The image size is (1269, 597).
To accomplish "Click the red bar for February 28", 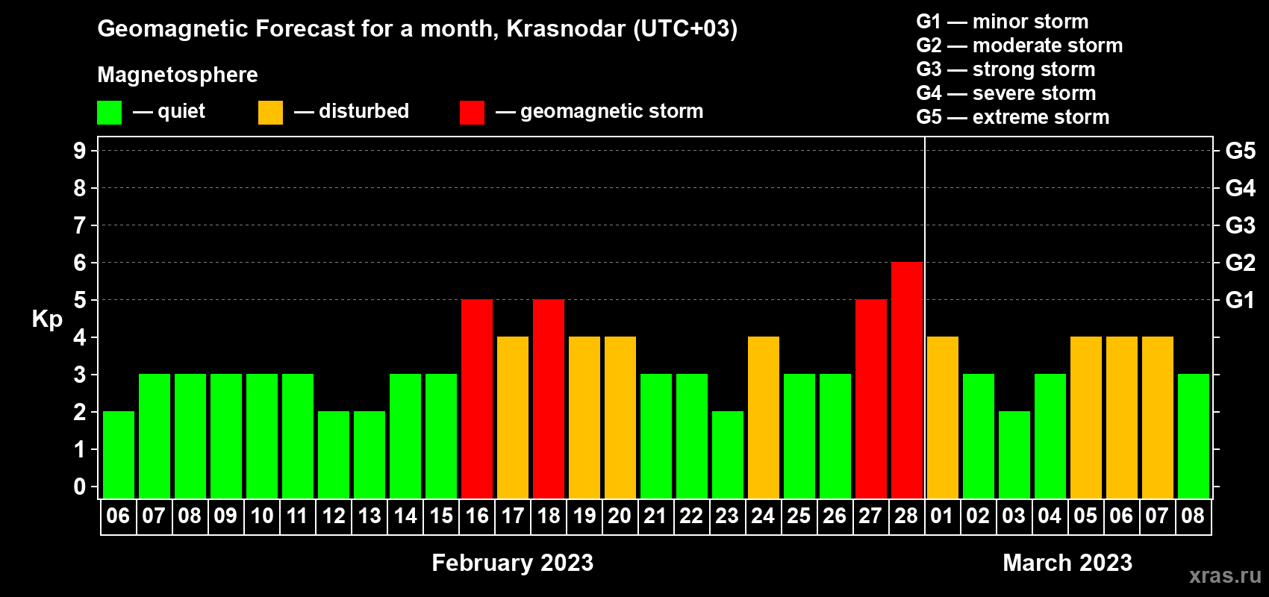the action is click(907, 380).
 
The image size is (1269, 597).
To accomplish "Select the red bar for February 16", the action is click(477, 398).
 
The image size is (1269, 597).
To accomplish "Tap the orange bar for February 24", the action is click(764, 417).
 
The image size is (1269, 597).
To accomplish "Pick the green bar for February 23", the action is click(728, 454).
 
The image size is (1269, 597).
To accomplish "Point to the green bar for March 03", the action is click(1014, 454).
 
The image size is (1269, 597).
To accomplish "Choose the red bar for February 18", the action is click(549, 398).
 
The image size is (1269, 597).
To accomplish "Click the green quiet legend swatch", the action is click(109, 112).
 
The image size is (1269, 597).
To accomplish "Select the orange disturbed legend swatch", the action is click(271, 112).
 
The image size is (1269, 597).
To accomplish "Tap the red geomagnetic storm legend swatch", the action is click(473, 112).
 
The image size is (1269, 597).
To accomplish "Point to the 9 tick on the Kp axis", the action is click(79, 151).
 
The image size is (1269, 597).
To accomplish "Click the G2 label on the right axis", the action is click(1241, 263).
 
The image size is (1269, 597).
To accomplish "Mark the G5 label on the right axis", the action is click(1241, 151).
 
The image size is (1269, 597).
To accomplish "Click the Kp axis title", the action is click(47, 319).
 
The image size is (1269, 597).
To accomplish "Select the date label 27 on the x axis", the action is click(870, 516).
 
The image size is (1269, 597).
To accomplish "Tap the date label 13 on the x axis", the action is click(370, 516).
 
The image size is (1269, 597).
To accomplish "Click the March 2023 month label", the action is click(1067, 563).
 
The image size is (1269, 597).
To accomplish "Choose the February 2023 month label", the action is click(513, 563).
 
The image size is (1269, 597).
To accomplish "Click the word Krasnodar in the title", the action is click(566, 28).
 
